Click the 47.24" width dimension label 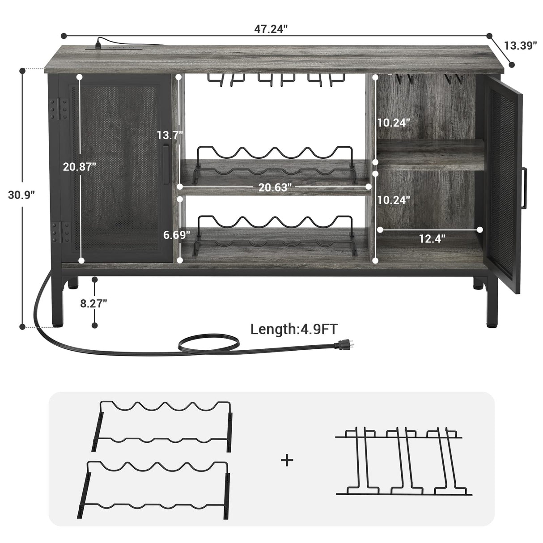[x=271, y=29]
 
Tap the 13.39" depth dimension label [x=520, y=45]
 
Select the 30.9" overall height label [x=22, y=195]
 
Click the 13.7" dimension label [x=170, y=135]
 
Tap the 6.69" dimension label [x=177, y=234]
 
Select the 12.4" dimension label [x=432, y=239]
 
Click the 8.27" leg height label [x=94, y=303]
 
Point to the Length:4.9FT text [x=294, y=330]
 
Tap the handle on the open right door [x=525, y=187]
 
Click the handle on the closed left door [x=165, y=163]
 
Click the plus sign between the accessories [x=287, y=460]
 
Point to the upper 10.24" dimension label [x=394, y=123]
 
